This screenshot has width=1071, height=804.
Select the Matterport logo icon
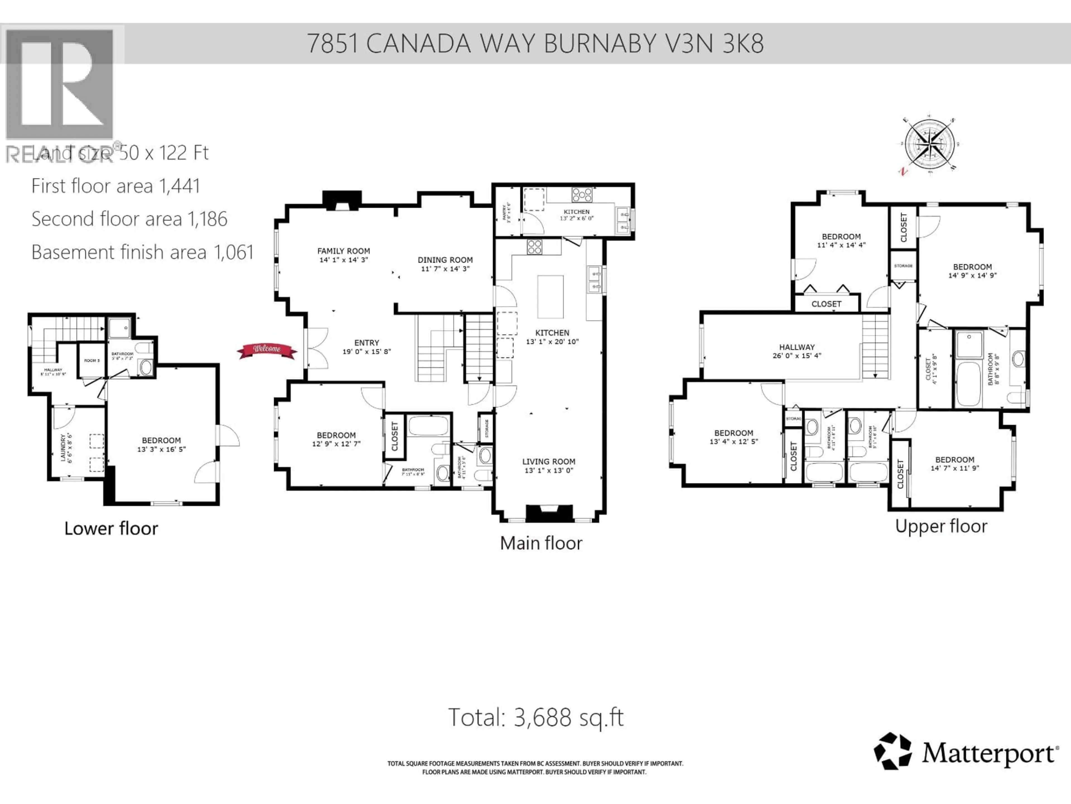[892, 752]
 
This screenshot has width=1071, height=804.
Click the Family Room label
[343, 251]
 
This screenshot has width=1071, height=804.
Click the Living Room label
[549, 462]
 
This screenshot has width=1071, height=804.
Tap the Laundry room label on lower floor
[63, 447]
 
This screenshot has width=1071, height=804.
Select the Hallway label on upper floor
[797, 347]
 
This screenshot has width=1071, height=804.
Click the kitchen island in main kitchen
[551, 296]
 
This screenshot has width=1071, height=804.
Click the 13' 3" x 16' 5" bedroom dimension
[161, 449]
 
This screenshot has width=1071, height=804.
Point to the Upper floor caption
[941, 526]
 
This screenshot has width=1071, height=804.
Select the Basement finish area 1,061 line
[142, 252]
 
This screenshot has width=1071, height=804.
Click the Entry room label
[366, 343]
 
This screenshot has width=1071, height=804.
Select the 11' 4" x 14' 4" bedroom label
[841, 245]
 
